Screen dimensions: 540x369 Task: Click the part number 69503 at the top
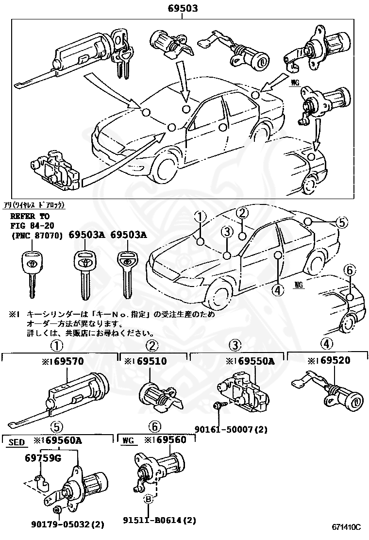(x=183, y=8)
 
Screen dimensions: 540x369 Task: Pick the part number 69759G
(x=43, y=457)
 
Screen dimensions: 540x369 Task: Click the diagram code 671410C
(x=347, y=527)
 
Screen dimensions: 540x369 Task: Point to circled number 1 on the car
(x=201, y=216)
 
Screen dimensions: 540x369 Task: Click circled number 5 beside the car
(x=342, y=222)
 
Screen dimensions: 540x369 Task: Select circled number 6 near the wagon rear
(x=349, y=270)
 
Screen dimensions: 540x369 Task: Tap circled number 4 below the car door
(x=277, y=290)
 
